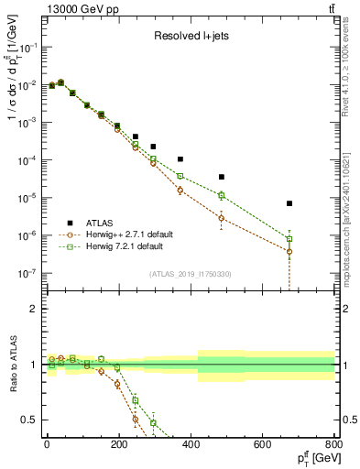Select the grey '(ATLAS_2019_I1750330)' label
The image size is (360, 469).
coord(190,274)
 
